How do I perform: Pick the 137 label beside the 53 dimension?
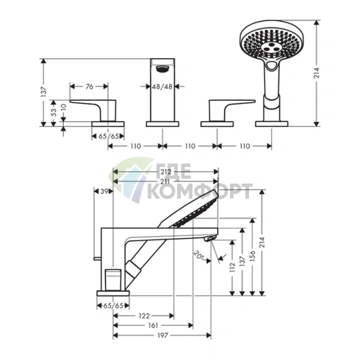point(43,94)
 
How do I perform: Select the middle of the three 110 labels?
point(189,146)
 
